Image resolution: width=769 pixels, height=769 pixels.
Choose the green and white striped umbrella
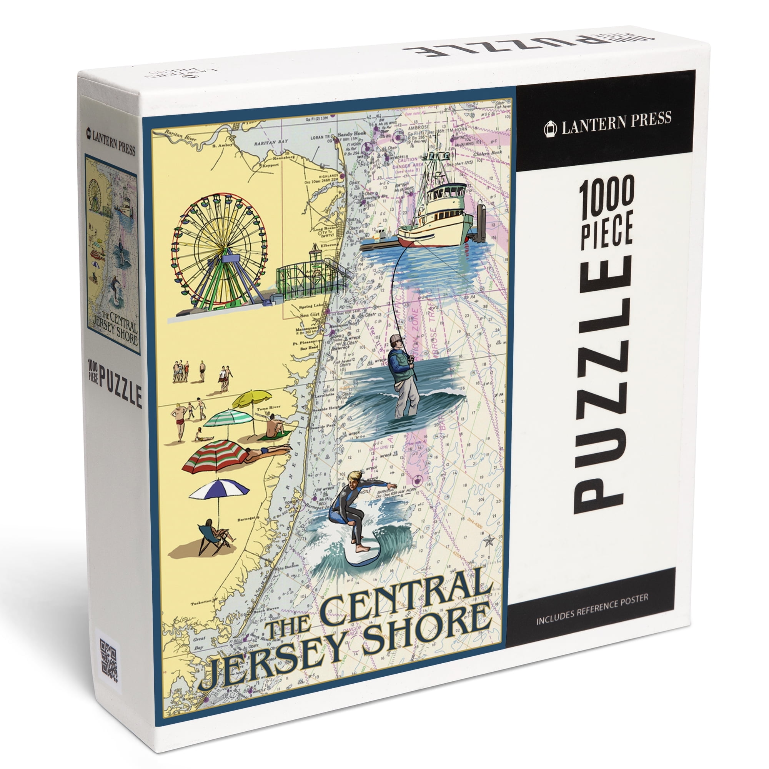[228, 418]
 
